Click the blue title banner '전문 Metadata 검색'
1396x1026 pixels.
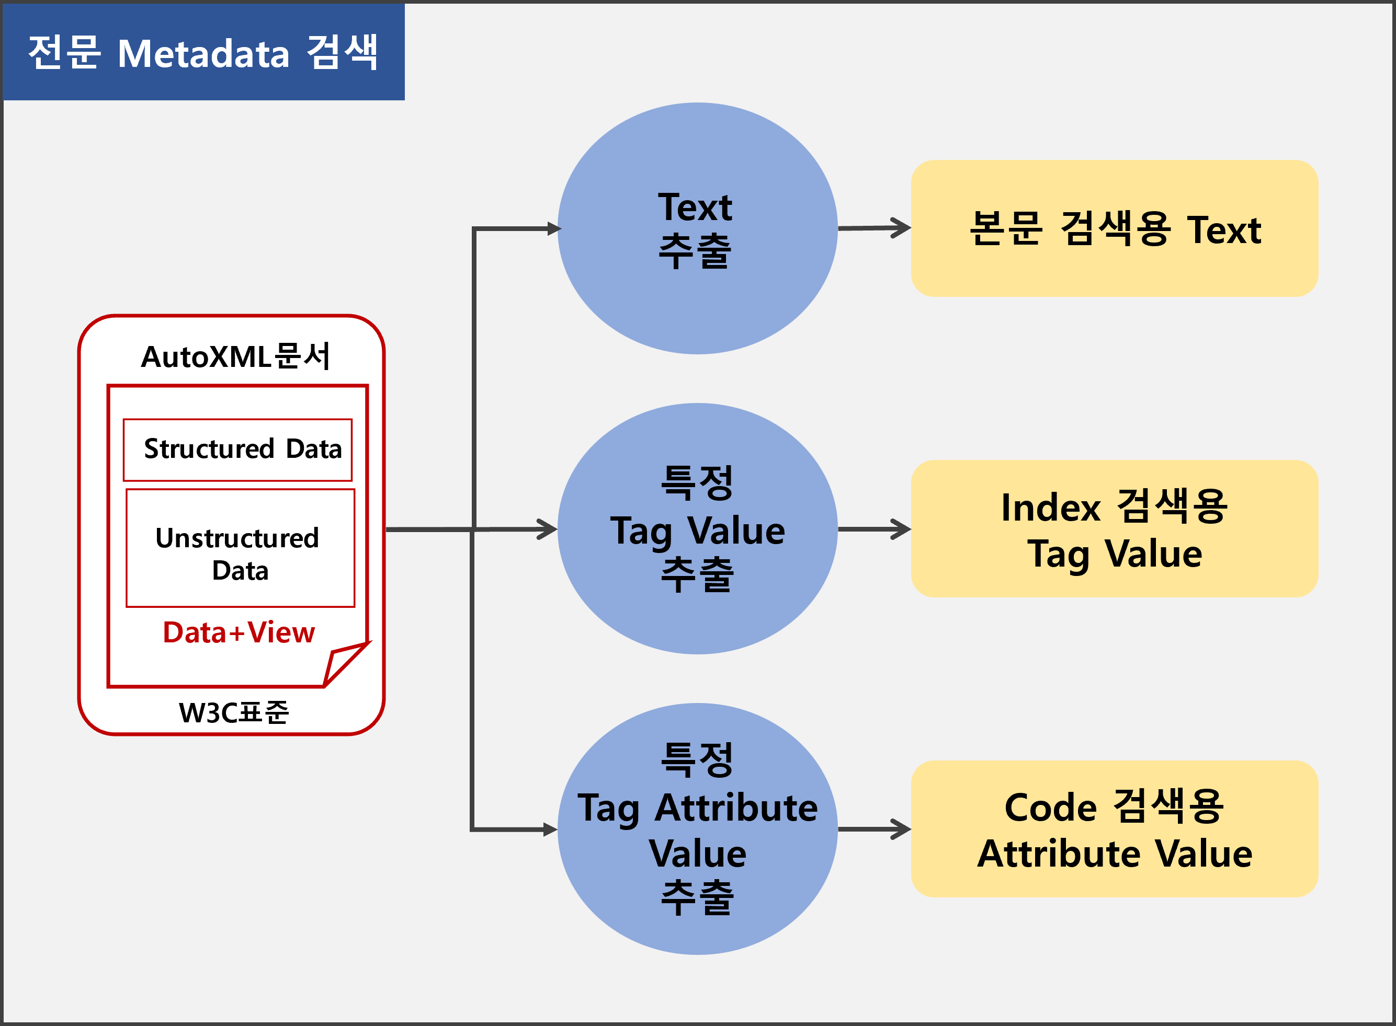coord(204,52)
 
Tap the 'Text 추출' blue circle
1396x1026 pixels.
coord(697,228)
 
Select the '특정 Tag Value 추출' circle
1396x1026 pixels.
coord(697,528)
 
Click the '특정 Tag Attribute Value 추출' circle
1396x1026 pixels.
coord(697,828)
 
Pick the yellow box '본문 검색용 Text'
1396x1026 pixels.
coord(1115,228)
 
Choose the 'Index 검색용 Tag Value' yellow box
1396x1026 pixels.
coord(1115,528)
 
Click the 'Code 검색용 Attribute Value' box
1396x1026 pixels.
coord(1115,828)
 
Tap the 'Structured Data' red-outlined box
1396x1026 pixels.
coord(238,449)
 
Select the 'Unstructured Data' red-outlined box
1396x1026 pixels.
coord(241,548)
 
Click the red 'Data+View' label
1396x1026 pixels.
coord(239,632)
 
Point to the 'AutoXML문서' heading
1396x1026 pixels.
coord(235,357)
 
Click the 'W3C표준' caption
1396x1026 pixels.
coord(234,712)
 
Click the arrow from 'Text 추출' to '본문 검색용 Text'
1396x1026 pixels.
coord(875,228)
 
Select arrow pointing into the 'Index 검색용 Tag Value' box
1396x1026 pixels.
coord(875,529)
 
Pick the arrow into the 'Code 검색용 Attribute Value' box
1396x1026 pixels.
coord(875,829)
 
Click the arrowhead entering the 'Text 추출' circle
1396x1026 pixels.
coord(554,228)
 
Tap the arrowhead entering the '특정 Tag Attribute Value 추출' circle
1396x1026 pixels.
coord(551,829)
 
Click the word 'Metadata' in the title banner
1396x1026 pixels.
coord(203,53)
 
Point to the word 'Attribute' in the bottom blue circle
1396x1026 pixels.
coord(736,808)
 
